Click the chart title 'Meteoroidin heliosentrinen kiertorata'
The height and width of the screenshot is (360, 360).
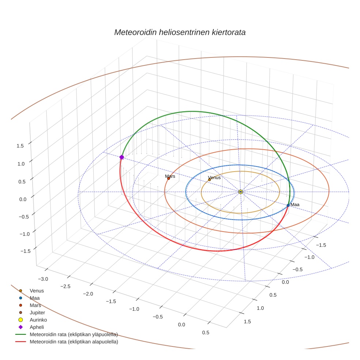click(x=180, y=32)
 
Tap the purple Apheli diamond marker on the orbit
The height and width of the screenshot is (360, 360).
click(x=121, y=157)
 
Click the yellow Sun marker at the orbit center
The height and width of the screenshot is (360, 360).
click(x=240, y=192)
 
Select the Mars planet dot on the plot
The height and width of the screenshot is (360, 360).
click(x=168, y=178)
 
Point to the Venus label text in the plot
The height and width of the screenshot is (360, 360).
click(x=214, y=177)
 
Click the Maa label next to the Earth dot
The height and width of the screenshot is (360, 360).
click(x=295, y=205)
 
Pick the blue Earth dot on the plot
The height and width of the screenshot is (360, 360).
click(x=288, y=205)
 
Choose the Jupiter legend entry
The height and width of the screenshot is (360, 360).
click(x=37, y=312)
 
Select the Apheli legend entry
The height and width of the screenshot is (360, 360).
click(x=37, y=327)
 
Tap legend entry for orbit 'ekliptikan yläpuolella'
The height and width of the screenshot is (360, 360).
click(x=74, y=334)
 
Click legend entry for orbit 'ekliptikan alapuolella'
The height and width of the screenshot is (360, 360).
click(x=74, y=342)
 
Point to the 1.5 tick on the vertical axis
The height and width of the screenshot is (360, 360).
click(x=20, y=146)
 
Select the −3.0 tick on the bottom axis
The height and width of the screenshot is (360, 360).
click(x=43, y=279)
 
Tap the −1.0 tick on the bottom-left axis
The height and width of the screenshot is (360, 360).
click(x=134, y=309)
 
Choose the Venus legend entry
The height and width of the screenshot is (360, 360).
click(x=37, y=291)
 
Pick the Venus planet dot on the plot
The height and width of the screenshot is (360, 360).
click(x=209, y=180)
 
